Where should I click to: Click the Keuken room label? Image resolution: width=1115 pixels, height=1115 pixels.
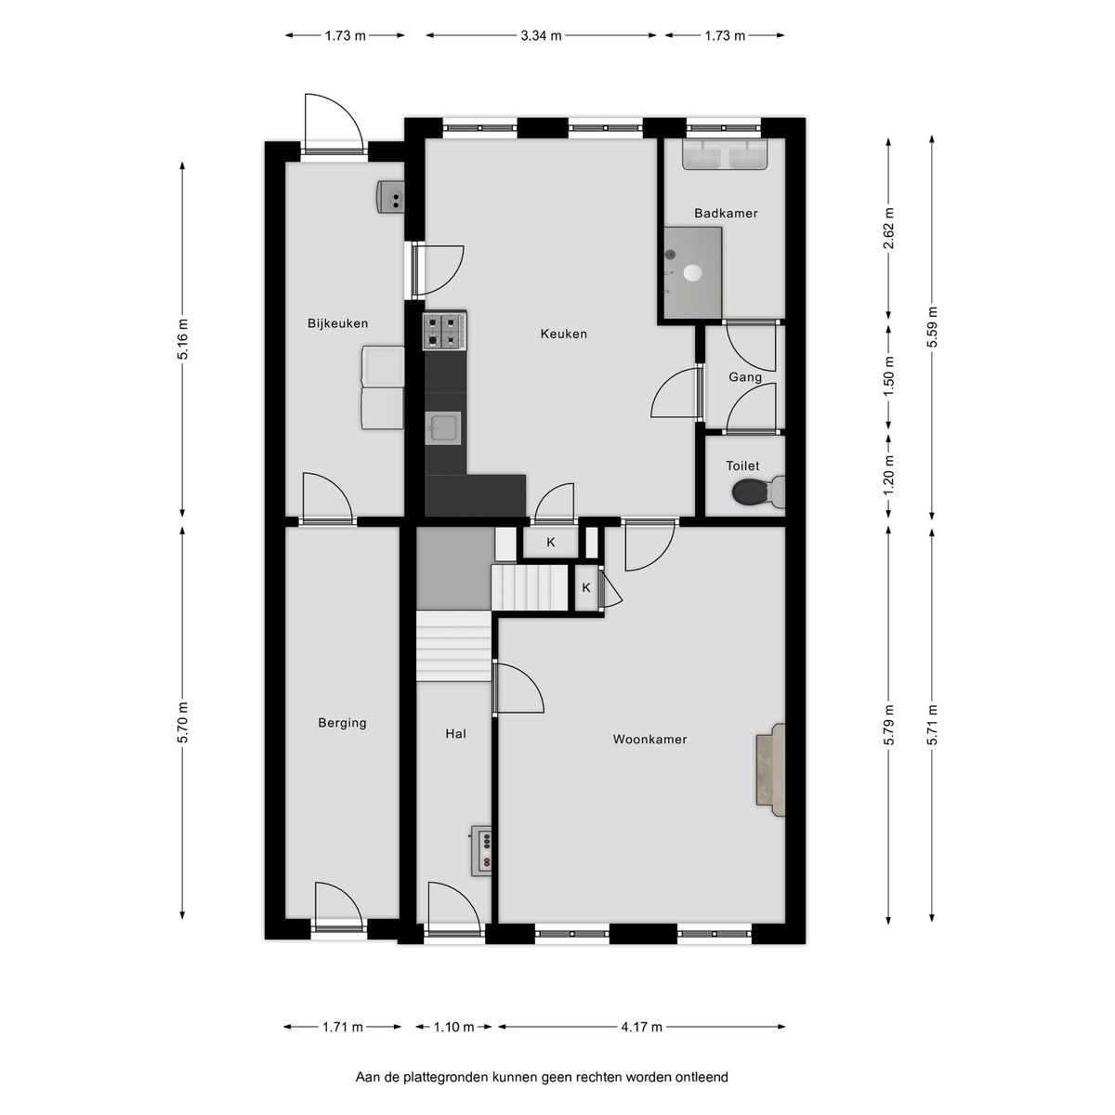click(x=564, y=334)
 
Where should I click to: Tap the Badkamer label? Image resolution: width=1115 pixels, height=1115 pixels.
click(x=726, y=214)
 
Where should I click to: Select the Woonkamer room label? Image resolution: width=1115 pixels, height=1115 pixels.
click(x=649, y=740)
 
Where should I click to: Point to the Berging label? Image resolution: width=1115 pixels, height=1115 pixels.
click(x=342, y=723)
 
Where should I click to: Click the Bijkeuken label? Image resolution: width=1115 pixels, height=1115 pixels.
click(x=338, y=323)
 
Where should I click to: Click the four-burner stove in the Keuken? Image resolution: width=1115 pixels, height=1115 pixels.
click(x=444, y=331)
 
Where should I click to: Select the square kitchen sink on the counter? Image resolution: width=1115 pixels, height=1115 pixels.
click(x=442, y=428)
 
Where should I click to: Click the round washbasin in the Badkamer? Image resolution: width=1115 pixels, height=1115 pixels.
click(x=691, y=272)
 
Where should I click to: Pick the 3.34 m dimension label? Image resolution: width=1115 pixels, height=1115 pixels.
click(x=541, y=36)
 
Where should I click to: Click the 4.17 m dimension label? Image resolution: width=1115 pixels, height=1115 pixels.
click(x=641, y=1027)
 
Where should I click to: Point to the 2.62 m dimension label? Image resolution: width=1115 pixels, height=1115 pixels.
click(x=889, y=229)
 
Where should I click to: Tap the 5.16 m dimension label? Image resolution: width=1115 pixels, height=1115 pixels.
click(x=183, y=339)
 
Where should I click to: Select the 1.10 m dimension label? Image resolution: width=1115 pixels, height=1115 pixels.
click(x=453, y=1027)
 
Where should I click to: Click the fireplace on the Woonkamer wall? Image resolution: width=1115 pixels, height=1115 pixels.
click(x=770, y=769)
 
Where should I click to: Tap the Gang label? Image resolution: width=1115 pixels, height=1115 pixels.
click(x=744, y=378)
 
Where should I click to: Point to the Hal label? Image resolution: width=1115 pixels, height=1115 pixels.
click(x=455, y=734)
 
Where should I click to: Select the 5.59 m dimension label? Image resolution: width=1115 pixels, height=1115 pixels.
click(x=932, y=327)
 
